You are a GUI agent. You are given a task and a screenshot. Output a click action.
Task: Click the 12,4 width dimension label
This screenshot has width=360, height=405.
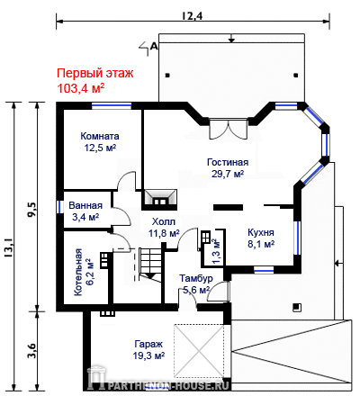coord(193,15)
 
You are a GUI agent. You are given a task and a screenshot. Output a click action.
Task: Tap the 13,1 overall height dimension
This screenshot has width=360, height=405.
coord(8,247)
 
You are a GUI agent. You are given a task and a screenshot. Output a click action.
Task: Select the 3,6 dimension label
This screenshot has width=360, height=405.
coord(31,350)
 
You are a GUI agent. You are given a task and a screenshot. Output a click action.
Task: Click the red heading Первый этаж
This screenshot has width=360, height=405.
coord(95,74)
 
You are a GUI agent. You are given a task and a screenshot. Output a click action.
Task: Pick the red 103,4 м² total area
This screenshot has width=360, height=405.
coord(81,88)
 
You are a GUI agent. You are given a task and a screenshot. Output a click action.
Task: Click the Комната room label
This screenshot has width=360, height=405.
coord(100,136)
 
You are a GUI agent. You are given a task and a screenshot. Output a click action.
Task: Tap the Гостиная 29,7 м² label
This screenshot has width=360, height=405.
coord(228,167)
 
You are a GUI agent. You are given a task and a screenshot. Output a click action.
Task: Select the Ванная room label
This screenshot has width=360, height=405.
coord(85,205)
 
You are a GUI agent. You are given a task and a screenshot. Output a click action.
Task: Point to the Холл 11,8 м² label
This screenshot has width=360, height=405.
coord(164,228)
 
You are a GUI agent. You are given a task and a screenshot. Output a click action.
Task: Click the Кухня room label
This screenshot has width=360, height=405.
coord(261,232)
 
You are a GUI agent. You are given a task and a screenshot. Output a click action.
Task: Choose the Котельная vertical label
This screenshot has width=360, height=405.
coord(78,272)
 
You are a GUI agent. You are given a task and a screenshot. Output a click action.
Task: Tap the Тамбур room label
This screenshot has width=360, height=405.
coord(196,278)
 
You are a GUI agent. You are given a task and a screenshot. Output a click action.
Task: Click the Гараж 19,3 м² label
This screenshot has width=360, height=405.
coord(148,350)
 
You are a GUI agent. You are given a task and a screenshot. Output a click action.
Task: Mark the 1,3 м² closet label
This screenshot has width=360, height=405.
coord(216,251)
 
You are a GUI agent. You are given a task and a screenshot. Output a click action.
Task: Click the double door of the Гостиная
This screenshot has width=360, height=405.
coord(229,130)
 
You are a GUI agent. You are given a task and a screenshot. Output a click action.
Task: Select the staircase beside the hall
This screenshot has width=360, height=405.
coord(149,265)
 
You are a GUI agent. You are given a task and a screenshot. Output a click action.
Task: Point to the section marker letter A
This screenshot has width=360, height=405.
coord(154,46)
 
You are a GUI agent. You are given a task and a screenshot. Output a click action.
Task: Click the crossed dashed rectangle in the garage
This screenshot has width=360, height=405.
coord(199,351)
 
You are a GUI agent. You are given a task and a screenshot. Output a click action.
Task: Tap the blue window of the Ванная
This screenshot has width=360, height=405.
coord(59,206)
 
